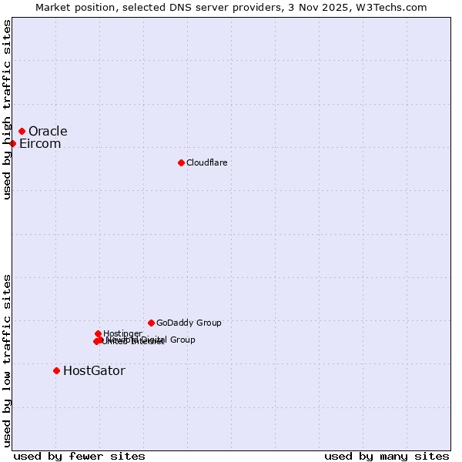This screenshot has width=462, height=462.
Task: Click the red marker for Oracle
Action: point(22,131)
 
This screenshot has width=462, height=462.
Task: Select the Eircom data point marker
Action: point(12,143)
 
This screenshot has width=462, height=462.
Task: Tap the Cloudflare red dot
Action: point(181,162)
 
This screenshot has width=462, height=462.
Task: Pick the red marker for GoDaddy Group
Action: point(151,323)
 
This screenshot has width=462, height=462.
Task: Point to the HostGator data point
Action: point(56,370)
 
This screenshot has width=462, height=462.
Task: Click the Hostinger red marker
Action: point(98,333)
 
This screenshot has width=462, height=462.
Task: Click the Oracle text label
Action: point(48,131)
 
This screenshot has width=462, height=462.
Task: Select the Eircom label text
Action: point(40,144)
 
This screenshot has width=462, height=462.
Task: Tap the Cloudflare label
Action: point(206,162)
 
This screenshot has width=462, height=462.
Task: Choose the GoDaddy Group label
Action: point(189,323)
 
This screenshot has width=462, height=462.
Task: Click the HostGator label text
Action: point(94,370)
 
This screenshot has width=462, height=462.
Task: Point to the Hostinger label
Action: point(122,333)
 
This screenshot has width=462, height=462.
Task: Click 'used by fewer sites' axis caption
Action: point(79,456)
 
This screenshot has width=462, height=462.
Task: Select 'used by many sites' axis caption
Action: point(387,456)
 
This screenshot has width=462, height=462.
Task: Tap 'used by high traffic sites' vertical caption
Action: point(8,109)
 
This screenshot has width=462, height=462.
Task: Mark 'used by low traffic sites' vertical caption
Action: point(8,360)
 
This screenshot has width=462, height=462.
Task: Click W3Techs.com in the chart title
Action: point(395,7)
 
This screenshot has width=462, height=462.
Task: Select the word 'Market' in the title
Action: point(52,7)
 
